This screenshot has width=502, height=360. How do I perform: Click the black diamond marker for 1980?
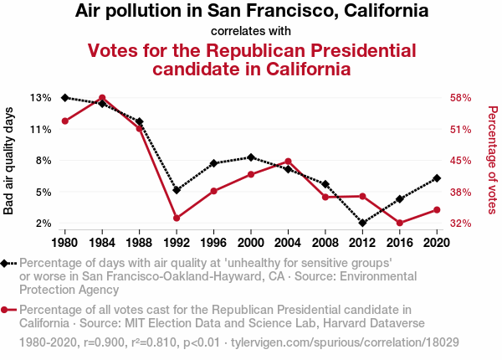pos(65,98)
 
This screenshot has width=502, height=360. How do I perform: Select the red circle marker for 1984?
pos(102,98)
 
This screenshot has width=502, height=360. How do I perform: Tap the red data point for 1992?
pos(177,219)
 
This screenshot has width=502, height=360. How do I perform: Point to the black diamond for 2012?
pos(362,223)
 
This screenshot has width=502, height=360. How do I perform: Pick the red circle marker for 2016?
pos(400,223)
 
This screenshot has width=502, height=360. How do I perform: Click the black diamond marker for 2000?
pos(251,157)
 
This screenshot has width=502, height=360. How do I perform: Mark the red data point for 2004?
pos(288,162)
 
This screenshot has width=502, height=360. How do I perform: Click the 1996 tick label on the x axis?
pos(213,242)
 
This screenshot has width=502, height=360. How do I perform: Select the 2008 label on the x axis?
pos(325,242)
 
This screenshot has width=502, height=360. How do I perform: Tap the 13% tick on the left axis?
pos(40,98)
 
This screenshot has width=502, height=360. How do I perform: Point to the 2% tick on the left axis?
pos(44,224)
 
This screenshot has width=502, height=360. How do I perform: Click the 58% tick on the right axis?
pos(461,98)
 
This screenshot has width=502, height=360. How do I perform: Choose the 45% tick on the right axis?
pos(461,161)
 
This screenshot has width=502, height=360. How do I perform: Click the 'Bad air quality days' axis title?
pos(9,161)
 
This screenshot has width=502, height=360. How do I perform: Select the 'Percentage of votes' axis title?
pos(492,161)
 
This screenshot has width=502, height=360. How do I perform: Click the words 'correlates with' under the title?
pos(251,31)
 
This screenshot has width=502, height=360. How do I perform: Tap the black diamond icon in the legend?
pos(7,263)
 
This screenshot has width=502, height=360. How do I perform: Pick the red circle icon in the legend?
pos(7,310)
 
